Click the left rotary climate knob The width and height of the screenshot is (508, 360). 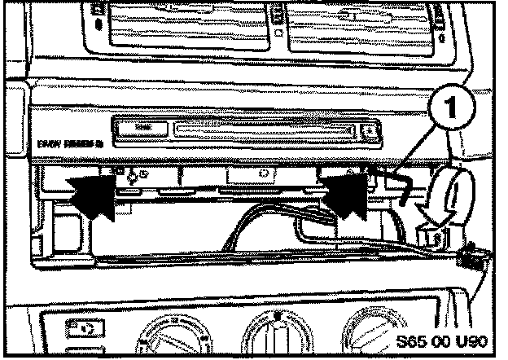click(177, 338)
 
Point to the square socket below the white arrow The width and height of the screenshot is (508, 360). click(432, 236)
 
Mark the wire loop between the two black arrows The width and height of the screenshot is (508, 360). click(236, 220)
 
